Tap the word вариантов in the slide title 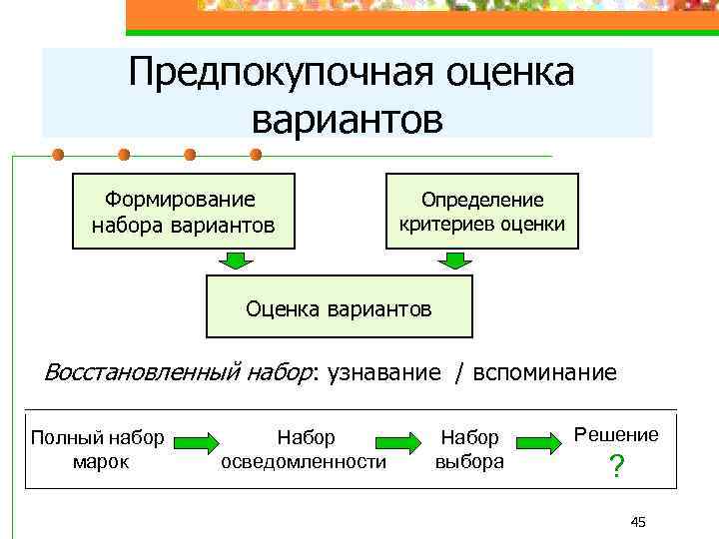tap(347, 119)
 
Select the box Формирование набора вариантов tap(183, 212)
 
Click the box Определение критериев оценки tap(482, 212)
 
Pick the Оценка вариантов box tap(340, 308)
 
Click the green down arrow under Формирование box tap(237, 262)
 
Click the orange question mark tap(617, 467)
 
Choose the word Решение tap(615, 434)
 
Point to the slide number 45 tap(639, 522)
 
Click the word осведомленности tap(304, 462)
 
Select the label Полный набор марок tap(98, 449)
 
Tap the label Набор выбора tap(469, 449)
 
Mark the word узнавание tap(382, 373)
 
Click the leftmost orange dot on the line tap(58, 155)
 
